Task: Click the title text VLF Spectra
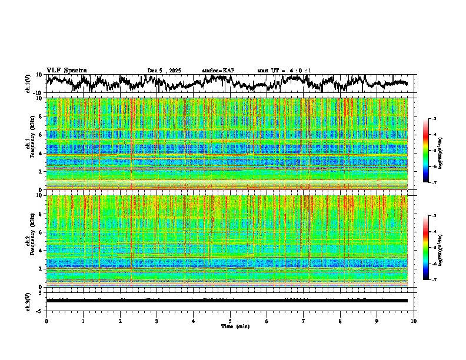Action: (x=66, y=71)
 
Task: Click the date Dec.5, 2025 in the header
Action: (x=164, y=71)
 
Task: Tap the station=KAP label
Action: (x=218, y=71)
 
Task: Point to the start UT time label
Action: (x=284, y=71)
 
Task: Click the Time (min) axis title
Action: (x=235, y=326)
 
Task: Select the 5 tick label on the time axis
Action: (x=230, y=321)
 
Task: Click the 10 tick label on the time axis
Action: (x=414, y=321)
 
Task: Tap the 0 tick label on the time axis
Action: (x=46, y=321)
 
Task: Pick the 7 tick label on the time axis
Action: (x=304, y=321)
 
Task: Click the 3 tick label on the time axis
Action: (x=157, y=321)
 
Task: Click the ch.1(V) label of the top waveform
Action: (x=28, y=84)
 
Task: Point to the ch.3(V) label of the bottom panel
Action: (x=28, y=301)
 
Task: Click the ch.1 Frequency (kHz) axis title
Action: (x=30, y=144)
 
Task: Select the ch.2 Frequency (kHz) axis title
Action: (x=30, y=241)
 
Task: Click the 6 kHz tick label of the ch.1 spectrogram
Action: (x=41, y=135)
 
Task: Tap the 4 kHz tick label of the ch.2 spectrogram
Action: (x=41, y=251)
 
